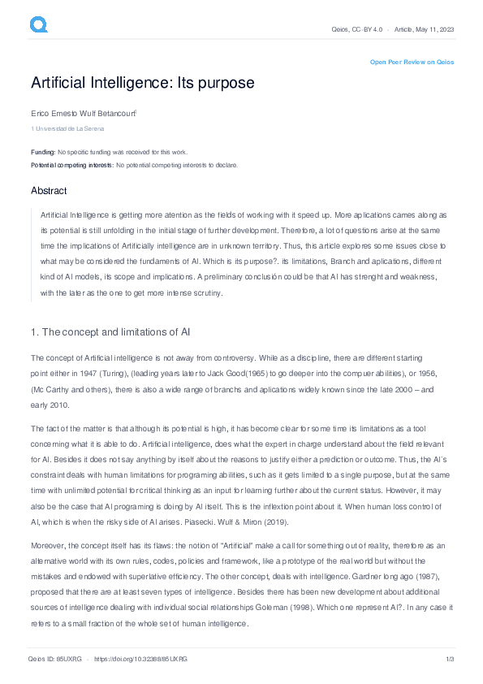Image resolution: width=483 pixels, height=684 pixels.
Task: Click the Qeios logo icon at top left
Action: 39,25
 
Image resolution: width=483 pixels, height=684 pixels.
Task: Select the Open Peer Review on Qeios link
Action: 412,62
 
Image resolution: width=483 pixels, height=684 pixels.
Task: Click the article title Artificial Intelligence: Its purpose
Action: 142,83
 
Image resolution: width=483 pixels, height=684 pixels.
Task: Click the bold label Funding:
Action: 43,152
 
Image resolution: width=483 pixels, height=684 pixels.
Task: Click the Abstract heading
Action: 49,190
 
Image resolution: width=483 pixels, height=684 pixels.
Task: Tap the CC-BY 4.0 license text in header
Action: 367,29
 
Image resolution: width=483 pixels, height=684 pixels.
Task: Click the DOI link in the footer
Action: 141,659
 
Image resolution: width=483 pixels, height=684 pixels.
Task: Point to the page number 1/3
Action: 449,659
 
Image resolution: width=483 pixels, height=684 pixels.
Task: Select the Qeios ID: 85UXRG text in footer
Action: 54,659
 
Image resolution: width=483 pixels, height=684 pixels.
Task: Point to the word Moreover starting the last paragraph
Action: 49,546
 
